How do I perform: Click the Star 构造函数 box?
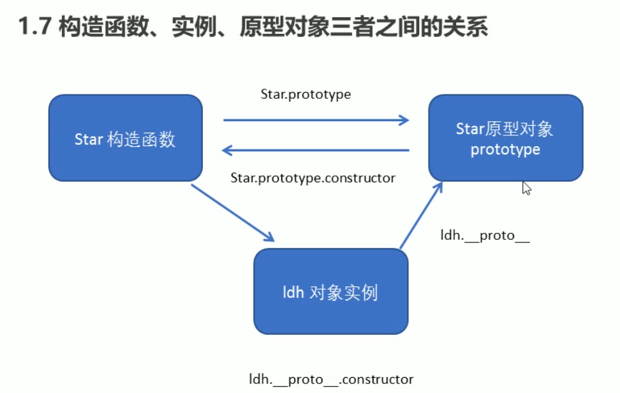pos(126,138)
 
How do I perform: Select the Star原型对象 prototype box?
pos(505,138)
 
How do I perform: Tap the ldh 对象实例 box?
pos(330,291)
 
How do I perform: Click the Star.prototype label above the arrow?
pos(306,94)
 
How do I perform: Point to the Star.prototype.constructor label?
pos(313,178)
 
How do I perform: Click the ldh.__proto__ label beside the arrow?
pos(485,235)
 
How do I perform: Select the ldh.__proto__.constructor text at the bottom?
pos(331,379)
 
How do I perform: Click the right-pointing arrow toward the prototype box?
pos(316,119)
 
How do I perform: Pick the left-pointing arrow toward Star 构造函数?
pos(316,150)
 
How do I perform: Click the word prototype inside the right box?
pos(505,150)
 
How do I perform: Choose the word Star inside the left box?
pos(89,139)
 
